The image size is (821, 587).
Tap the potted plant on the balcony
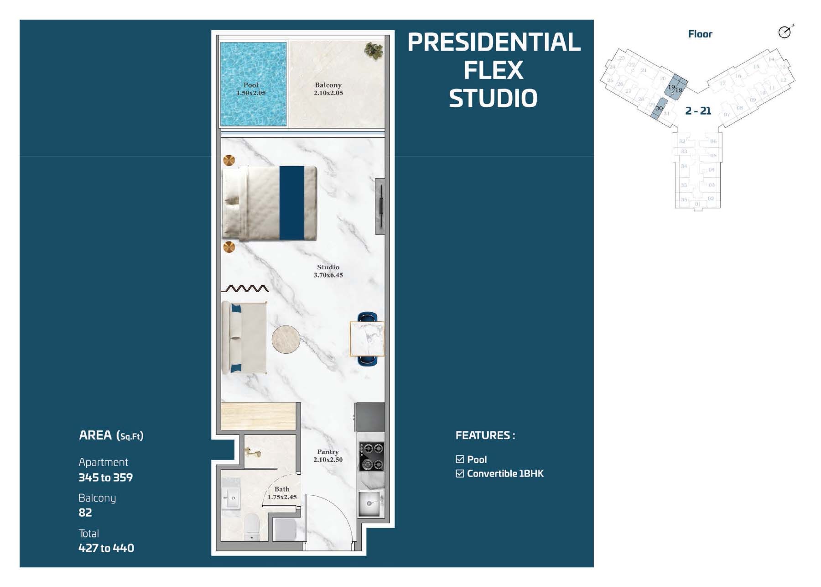point(374,50)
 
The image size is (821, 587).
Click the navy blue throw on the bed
point(291,203)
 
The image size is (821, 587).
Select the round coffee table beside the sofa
point(286,339)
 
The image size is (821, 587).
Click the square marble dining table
point(367,339)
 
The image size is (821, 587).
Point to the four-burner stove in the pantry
point(371,456)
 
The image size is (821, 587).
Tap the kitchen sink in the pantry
point(371,503)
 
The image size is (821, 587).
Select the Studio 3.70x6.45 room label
point(328,271)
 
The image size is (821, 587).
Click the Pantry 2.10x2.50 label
point(327,456)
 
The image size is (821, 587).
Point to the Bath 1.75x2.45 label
point(282,493)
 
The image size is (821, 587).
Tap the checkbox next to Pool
point(460,459)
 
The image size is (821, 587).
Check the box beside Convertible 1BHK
point(460,473)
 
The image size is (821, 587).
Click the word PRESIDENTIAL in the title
point(494,42)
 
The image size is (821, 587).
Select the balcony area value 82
point(85,513)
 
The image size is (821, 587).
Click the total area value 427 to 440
point(106,548)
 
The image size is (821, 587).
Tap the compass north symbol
point(785,31)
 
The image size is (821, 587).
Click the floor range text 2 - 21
point(698,110)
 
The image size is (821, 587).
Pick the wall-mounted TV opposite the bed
point(379,206)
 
